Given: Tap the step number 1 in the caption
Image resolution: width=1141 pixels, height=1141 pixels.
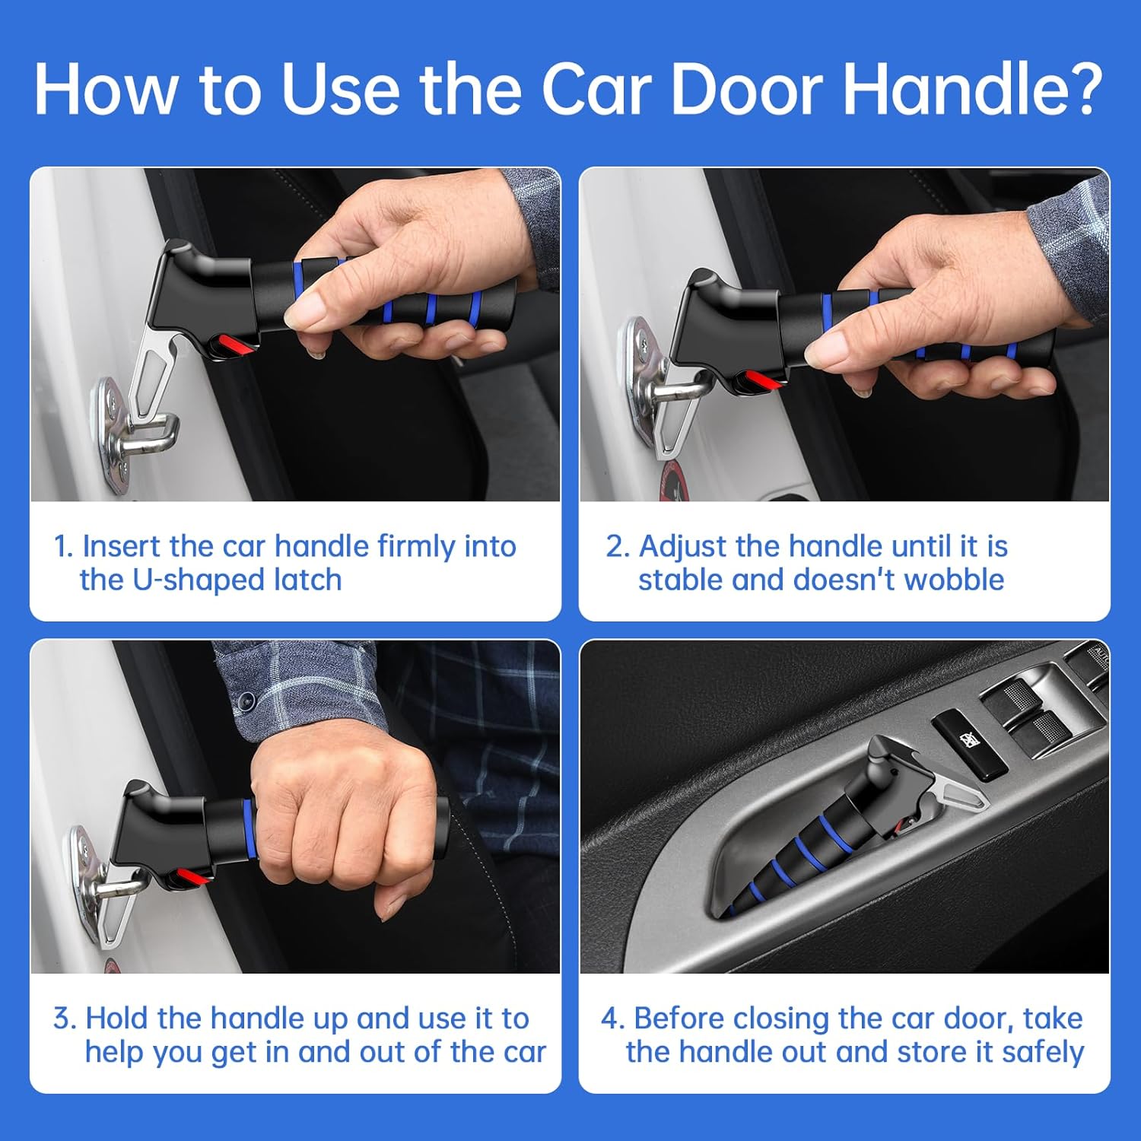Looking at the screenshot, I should pos(62,547).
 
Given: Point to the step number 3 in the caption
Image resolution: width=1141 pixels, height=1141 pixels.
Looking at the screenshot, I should pos(64,1019).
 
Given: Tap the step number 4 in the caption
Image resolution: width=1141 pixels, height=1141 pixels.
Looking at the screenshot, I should pos(612,1019).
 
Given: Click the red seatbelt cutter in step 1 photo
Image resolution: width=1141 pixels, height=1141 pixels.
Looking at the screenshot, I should pos(231,346).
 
